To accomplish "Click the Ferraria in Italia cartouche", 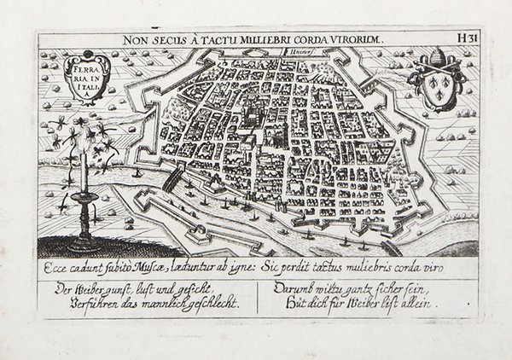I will (x=85, y=78).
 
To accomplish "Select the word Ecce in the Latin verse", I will (x=53, y=262).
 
